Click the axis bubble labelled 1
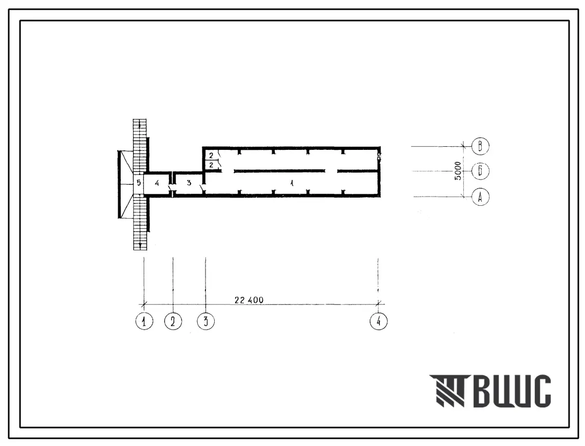point(144,321)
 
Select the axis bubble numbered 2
point(173,321)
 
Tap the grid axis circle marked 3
point(206,321)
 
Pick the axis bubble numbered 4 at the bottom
point(379,321)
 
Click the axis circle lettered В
point(480,146)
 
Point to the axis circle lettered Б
point(480,171)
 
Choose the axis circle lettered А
point(480,197)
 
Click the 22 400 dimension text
point(249,300)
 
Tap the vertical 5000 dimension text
point(458,171)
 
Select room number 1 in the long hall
point(292,183)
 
